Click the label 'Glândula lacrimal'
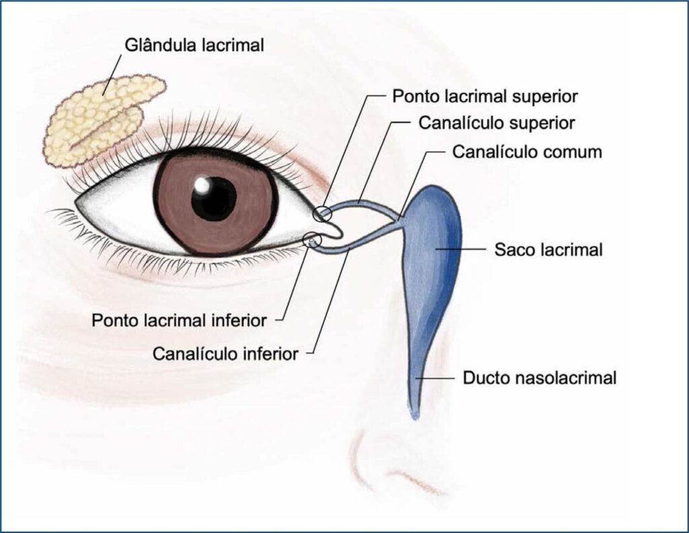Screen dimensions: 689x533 click(194, 45)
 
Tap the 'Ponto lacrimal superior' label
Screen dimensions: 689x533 click(484, 96)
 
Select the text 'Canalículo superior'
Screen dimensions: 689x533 click(497, 123)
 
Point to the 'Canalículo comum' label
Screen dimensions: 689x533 click(528, 152)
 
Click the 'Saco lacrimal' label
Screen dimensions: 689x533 click(548, 250)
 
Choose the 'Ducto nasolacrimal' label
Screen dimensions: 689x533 click(540, 378)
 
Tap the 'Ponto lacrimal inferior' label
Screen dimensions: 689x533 click(179, 321)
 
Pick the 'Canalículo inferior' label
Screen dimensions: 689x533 click(225, 354)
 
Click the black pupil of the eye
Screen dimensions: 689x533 click(214, 198)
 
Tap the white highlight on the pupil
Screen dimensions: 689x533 click(203, 185)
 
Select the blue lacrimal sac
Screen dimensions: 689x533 click(431, 263)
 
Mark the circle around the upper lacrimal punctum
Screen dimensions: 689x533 click(322, 213)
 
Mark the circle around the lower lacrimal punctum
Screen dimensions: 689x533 click(312, 239)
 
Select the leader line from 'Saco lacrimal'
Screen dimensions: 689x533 click(460, 249)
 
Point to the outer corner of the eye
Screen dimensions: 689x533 click(75, 202)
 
